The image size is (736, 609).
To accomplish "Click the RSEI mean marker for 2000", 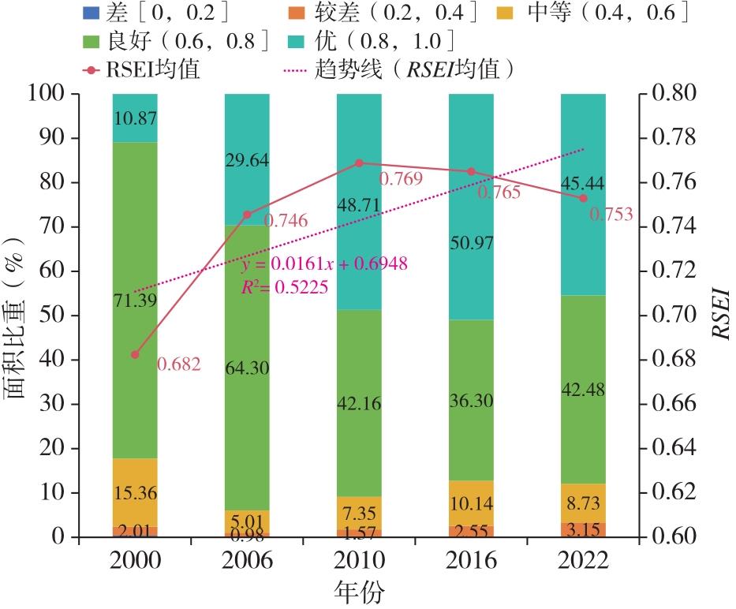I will [135, 355].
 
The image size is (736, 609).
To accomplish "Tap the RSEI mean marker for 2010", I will [359, 163].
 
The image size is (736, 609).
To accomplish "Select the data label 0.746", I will [286, 221].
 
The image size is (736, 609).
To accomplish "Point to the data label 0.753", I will [611, 215].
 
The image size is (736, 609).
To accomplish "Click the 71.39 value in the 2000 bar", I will [135, 298].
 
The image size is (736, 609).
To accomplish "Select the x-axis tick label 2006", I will [247, 560].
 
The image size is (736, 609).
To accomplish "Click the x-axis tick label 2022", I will [583, 560].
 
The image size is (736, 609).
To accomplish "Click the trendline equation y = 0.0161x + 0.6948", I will [325, 264].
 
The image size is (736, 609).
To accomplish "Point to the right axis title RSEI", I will [720, 315].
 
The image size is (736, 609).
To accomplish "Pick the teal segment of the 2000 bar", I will [135, 118].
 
